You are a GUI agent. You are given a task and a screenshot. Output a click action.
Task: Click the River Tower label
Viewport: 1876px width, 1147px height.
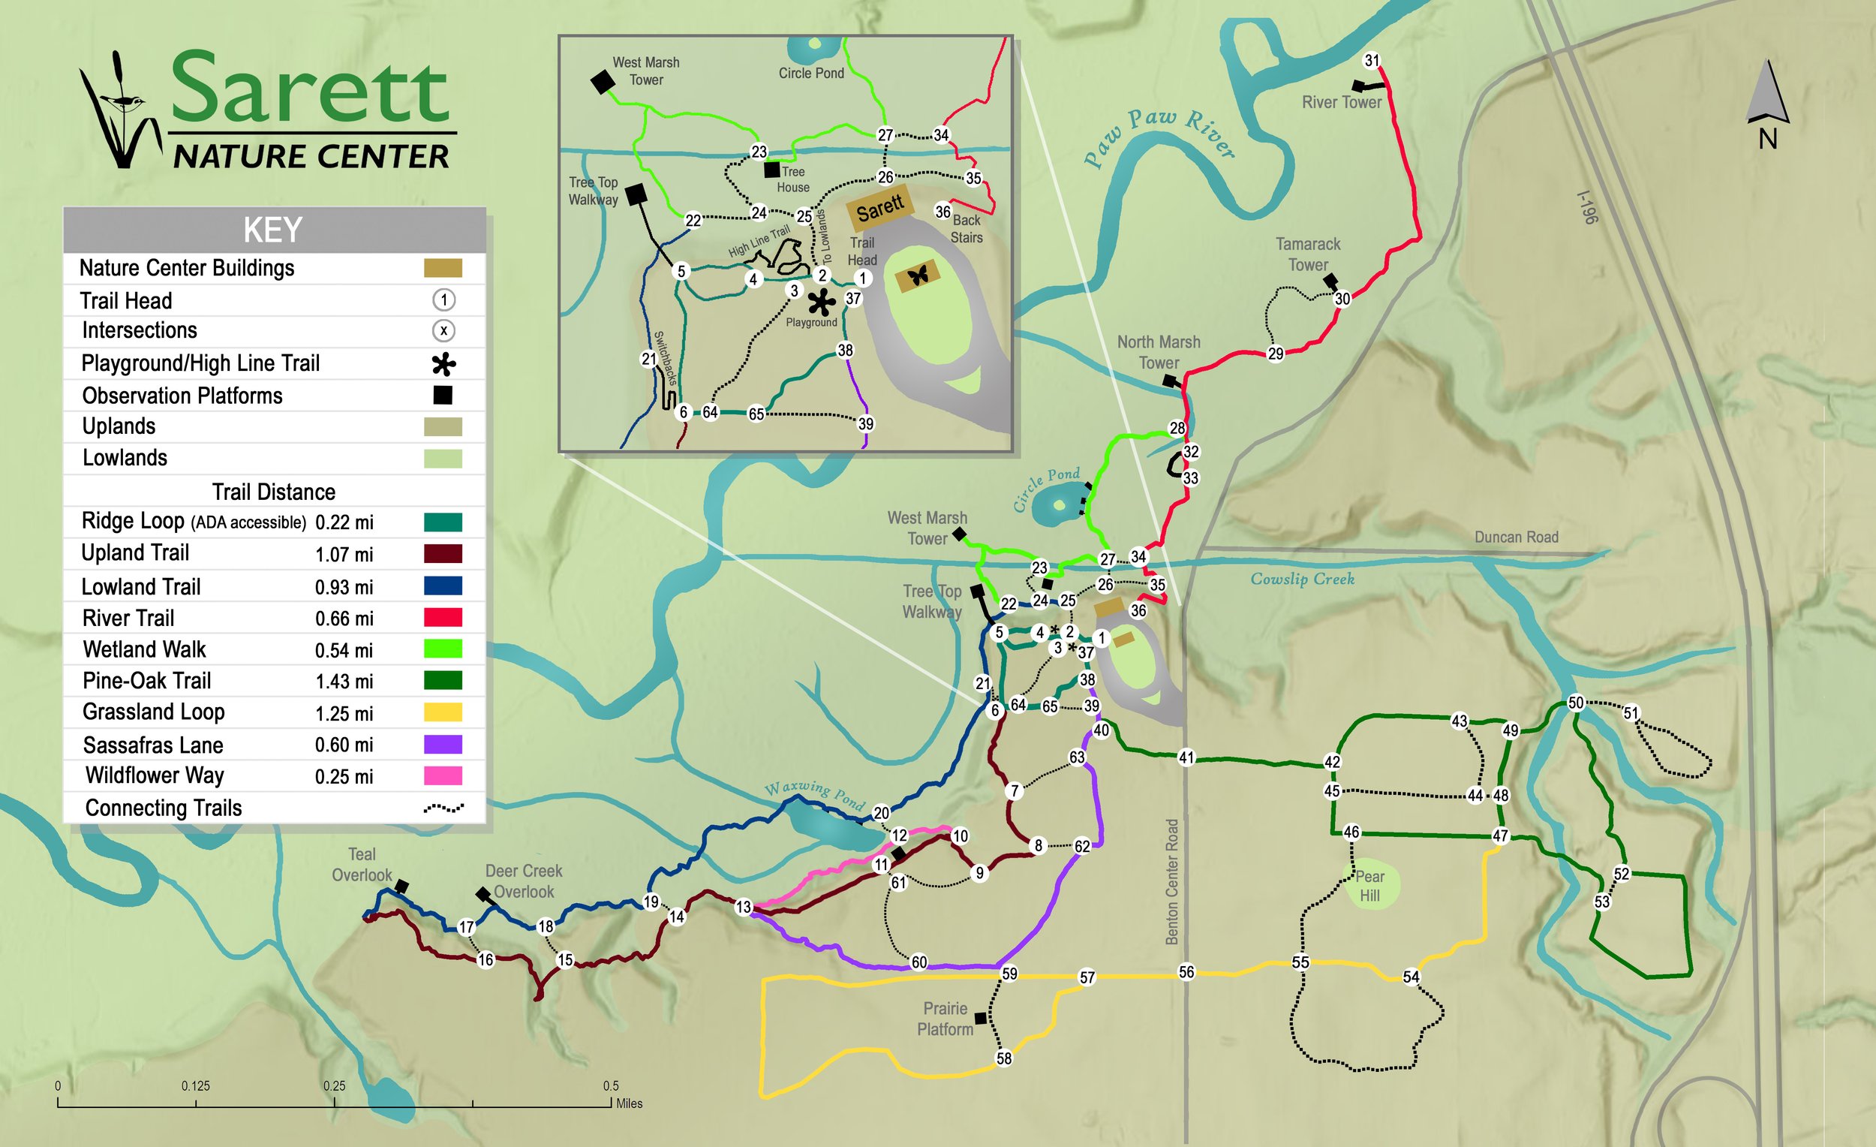pyautogui.click(x=1341, y=102)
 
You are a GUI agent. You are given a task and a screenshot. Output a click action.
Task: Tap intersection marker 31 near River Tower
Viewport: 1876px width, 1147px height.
pyautogui.click(x=1371, y=61)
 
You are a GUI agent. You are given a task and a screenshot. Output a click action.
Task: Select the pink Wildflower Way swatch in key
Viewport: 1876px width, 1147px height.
pyautogui.click(x=442, y=775)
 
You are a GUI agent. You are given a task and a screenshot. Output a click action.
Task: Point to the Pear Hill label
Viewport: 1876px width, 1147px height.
pyautogui.click(x=1369, y=886)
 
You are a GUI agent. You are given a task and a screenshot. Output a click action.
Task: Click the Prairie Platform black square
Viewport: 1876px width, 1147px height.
pyautogui.click(x=981, y=1018)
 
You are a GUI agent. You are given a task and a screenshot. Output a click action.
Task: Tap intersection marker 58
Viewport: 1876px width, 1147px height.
pyautogui.click(x=1004, y=1058)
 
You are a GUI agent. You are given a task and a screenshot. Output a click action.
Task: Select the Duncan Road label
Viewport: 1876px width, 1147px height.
pyautogui.click(x=1516, y=537)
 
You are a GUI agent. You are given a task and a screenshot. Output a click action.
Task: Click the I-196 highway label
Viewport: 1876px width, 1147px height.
pyautogui.click(x=1586, y=207)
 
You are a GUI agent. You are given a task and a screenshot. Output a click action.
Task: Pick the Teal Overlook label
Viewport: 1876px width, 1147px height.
pyautogui.click(x=362, y=865)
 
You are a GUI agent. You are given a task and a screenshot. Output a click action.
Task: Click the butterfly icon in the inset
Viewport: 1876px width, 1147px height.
pyautogui.click(x=919, y=275)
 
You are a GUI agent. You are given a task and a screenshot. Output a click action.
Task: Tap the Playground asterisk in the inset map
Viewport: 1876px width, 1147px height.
pyautogui.click(x=821, y=303)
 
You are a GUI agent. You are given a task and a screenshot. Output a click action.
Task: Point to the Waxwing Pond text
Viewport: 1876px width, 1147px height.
pyautogui.click(x=816, y=794)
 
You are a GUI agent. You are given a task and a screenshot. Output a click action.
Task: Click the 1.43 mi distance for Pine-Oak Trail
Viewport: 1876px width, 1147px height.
pyautogui.click(x=344, y=682)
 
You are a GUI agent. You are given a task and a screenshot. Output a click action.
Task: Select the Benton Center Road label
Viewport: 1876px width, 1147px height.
pyautogui.click(x=1171, y=881)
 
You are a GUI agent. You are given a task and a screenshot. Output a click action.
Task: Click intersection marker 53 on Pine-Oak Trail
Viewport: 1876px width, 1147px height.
pyautogui.click(x=1602, y=902)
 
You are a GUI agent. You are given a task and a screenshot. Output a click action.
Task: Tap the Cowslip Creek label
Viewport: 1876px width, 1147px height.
pyautogui.click(x=1302, y=579)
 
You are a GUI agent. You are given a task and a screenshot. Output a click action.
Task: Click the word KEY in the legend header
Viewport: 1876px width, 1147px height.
pyautogui.click(x=272, y=230)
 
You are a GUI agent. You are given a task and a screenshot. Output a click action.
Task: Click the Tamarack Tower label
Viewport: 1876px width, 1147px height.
pyautogui.click(x=1307, y=254)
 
